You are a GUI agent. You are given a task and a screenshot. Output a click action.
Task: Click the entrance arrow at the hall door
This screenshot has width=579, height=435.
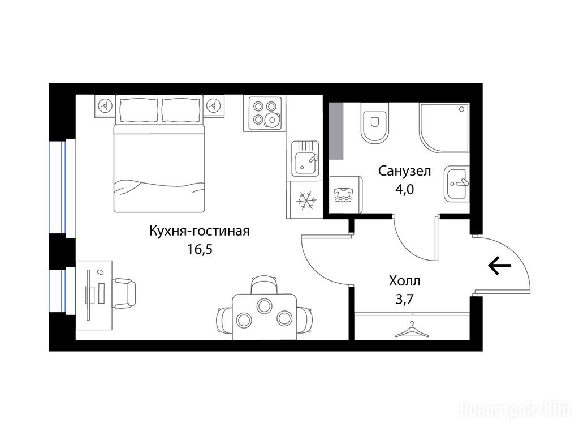coord(500,266)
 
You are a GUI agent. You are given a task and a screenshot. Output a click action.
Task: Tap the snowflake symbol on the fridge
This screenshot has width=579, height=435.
coord(306,200)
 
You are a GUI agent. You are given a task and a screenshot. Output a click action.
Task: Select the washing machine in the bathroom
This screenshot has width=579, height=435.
coord(345,195)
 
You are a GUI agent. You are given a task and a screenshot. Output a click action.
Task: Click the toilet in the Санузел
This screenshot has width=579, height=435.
coord(375,123)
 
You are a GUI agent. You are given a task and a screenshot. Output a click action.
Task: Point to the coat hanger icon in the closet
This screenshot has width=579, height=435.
coord(412,329)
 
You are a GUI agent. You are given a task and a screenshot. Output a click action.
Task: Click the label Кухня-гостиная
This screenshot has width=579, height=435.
coord(200,231)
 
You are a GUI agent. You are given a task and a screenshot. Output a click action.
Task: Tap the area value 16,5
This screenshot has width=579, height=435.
coord(200,250)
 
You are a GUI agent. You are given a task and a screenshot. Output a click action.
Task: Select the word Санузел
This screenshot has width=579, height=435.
coord(404,171)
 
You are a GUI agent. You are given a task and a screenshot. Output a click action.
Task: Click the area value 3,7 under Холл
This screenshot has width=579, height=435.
coord(404,299)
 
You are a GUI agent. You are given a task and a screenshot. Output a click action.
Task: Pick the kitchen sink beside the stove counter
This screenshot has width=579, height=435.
coord(305,159)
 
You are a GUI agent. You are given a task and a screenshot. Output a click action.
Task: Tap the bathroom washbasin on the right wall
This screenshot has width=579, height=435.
coord(456,184)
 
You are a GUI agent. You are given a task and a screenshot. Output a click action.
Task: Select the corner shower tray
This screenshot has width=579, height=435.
coord(444,127)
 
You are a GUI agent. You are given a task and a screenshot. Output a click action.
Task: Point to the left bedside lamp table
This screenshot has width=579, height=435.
coord(105,106)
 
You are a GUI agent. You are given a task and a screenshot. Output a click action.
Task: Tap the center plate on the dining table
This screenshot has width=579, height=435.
coord(265,306)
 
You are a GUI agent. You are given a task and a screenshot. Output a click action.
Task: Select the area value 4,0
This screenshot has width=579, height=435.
coord(404,189)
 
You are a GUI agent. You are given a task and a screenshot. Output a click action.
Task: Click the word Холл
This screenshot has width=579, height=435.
coord(404,281)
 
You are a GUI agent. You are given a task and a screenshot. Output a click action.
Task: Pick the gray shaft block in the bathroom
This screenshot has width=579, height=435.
coord(336,131)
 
